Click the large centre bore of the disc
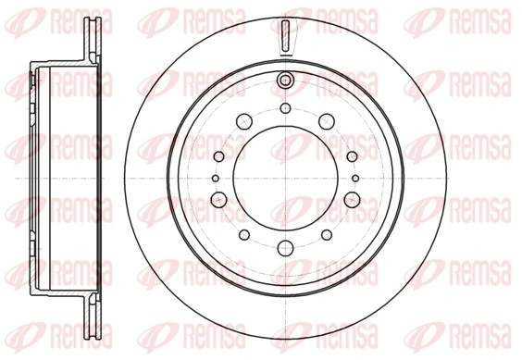tap(284, 179)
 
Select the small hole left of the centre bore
tap(215, 178)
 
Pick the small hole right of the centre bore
tap(355, 178)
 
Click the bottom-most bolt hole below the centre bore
tap(285, 245)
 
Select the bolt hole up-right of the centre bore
tap(326, 119)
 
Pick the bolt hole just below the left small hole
tap(219, 199)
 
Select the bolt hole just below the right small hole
tap(351, 199)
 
